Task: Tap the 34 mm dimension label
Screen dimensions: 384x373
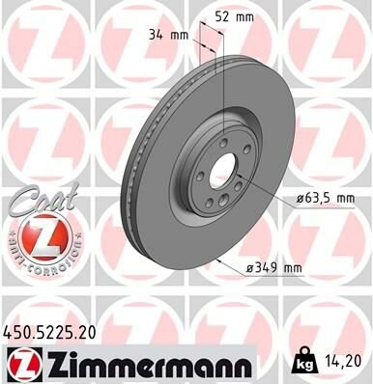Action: pos(169,36)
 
